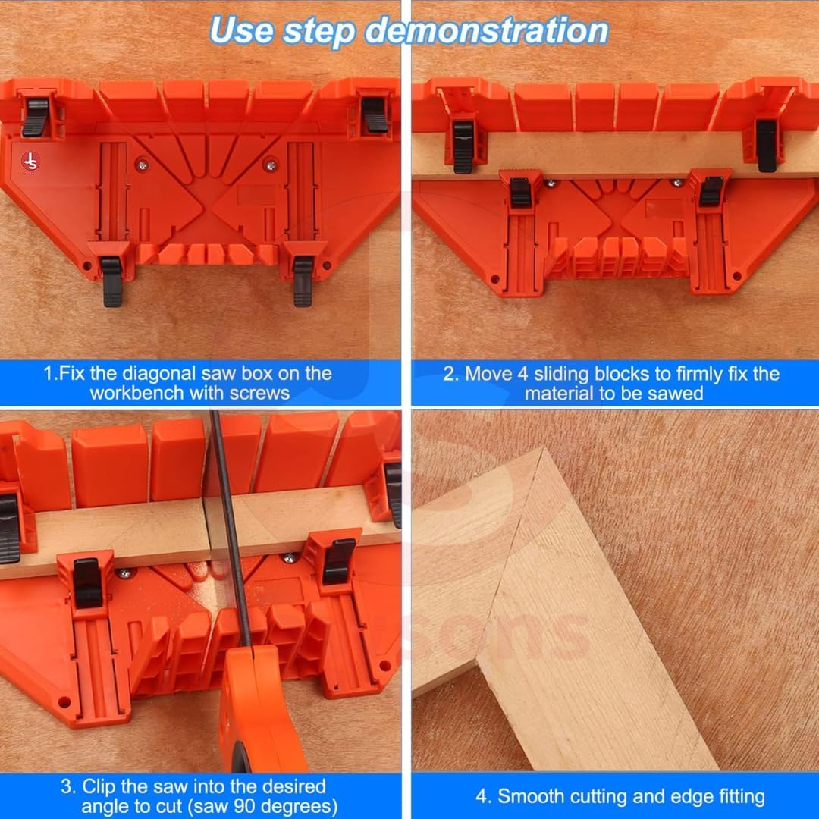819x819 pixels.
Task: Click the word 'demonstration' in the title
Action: pyautogui.click(x=486, y=31)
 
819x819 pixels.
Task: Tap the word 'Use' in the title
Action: pyautogui.click(x=241, y=30)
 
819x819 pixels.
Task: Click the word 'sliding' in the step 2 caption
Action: pyautogui.click(x=561, y=374)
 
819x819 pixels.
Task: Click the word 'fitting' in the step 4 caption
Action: pyautogui.click(x=742, y=796)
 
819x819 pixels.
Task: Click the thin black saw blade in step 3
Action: pyautogui.click(x=229, y=528)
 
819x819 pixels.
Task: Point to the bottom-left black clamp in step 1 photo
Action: pyautogui.click(x=111, y=281)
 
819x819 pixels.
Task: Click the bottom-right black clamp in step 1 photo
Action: pyautogui.click(x=303, y=281)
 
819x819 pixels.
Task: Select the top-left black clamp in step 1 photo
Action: pyautogui.click(x=36, y=117)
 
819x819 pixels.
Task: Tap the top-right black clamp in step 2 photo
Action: pyautogui.click(x=766, y=146)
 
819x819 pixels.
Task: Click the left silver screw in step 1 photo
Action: pyautogui.click(x=142, y=165)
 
